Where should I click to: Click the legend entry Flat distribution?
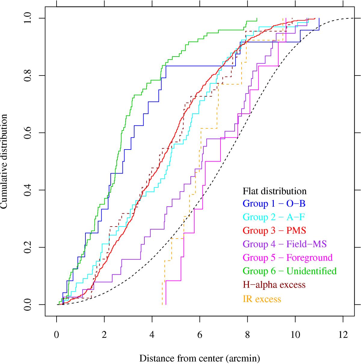coord(274,191)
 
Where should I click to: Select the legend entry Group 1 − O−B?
coord(274,204)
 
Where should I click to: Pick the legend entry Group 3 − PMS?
coord(274,230)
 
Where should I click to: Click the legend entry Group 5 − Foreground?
coord(288,258)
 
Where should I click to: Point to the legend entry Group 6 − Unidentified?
coord(289,271)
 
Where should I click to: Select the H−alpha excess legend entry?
coord(274,285)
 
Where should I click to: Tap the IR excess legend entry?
coord(262,299)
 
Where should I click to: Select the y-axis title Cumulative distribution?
coord(5,161)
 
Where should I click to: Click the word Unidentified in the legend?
coord(311,271)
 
